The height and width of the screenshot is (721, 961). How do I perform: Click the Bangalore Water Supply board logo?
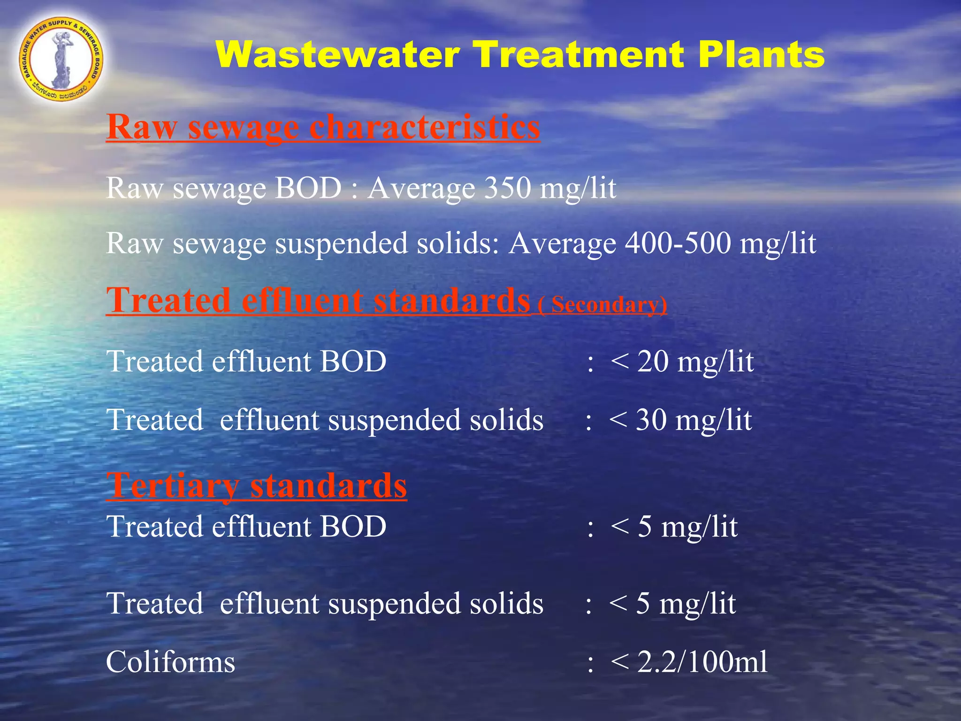click(61, 58)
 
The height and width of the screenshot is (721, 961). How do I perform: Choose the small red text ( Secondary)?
click(603, 305)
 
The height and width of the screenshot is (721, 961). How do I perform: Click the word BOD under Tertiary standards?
click(353, 526)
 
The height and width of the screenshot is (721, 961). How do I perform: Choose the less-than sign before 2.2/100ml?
click(619, 662)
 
